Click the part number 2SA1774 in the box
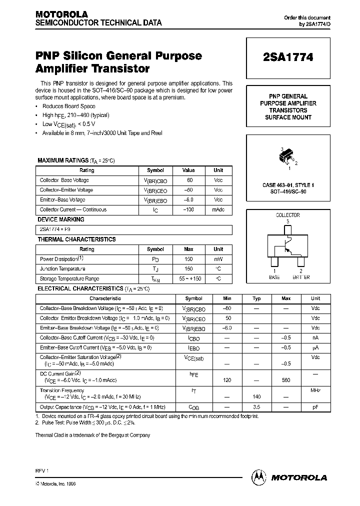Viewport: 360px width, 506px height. (288, 57)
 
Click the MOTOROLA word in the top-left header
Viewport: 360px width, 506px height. (61, 14)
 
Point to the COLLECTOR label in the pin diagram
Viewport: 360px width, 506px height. (288, 215)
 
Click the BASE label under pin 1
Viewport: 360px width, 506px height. (274, 276)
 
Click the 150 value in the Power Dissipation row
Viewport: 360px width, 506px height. (188, 259)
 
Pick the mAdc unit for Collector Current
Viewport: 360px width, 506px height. (218, 209)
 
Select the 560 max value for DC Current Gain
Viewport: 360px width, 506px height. (286, 380)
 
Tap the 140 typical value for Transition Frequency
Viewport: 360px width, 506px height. (256, 396)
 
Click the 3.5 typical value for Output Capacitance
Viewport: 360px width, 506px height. (256, 407)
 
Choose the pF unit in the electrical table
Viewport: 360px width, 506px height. (315, 407)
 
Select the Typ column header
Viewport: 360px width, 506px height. (256, 298)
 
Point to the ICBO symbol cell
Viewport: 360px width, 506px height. (193, 338)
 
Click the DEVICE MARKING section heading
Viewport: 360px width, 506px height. (61, 219)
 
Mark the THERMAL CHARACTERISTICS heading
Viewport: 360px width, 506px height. (76, 239)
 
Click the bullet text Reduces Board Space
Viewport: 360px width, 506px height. (68, 106)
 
